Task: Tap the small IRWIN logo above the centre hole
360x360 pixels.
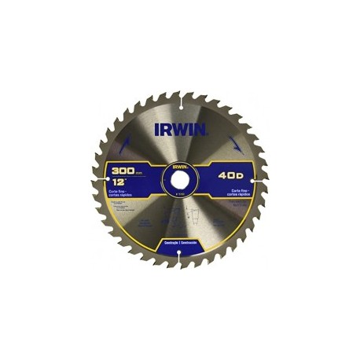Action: (x=179, y=167)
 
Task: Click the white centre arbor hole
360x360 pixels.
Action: (x=179, y=181)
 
